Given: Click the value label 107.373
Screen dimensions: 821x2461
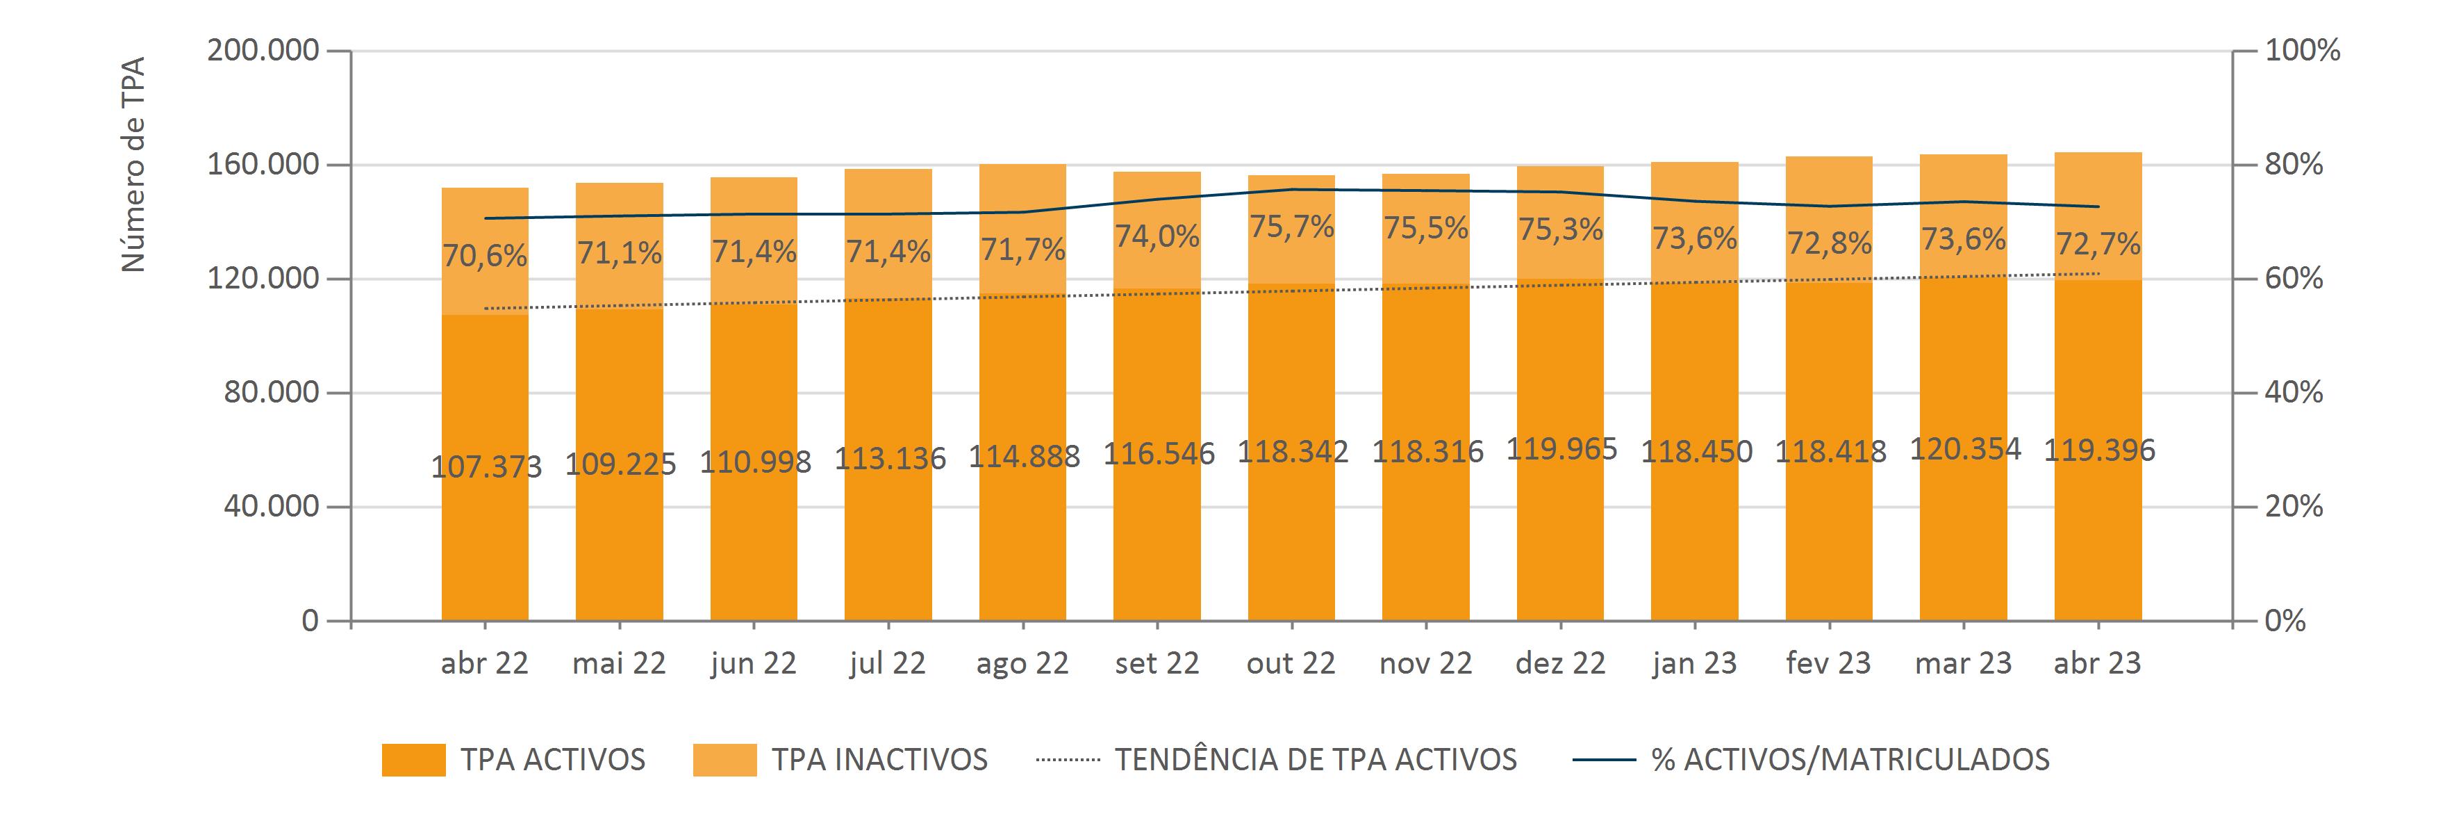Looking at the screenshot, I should pos(486,466).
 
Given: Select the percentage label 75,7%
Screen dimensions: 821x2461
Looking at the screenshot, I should pos(1292,227).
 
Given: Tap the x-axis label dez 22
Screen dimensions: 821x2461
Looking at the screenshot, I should pos(1560,663).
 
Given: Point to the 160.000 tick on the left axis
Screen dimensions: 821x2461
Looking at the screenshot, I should pos(263,164).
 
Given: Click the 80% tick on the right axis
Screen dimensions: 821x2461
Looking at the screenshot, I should pos(2294,164).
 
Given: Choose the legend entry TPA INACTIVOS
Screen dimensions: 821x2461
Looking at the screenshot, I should pos(879,760).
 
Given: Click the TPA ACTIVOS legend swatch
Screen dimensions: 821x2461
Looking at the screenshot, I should pos(414,760).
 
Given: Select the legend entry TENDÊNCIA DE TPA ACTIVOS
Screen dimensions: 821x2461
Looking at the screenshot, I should pos(1316,760).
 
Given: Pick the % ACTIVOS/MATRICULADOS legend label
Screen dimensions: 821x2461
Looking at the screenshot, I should pos(1850,760).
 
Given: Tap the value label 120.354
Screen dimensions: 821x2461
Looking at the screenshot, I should pos(1965,448).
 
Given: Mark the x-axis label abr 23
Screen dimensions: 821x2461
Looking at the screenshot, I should pos(2098,663).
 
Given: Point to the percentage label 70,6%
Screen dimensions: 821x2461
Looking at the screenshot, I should pos(484,256).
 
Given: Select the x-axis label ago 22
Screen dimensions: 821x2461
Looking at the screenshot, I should pos(1022,663).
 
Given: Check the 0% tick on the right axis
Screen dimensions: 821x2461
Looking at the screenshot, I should pos(2285,621).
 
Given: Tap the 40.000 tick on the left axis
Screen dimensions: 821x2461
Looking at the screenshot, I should pos(272,507).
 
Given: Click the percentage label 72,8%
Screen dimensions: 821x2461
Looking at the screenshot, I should pos(1828,244).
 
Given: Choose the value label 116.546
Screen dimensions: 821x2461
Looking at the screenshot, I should pos(1159,453).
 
